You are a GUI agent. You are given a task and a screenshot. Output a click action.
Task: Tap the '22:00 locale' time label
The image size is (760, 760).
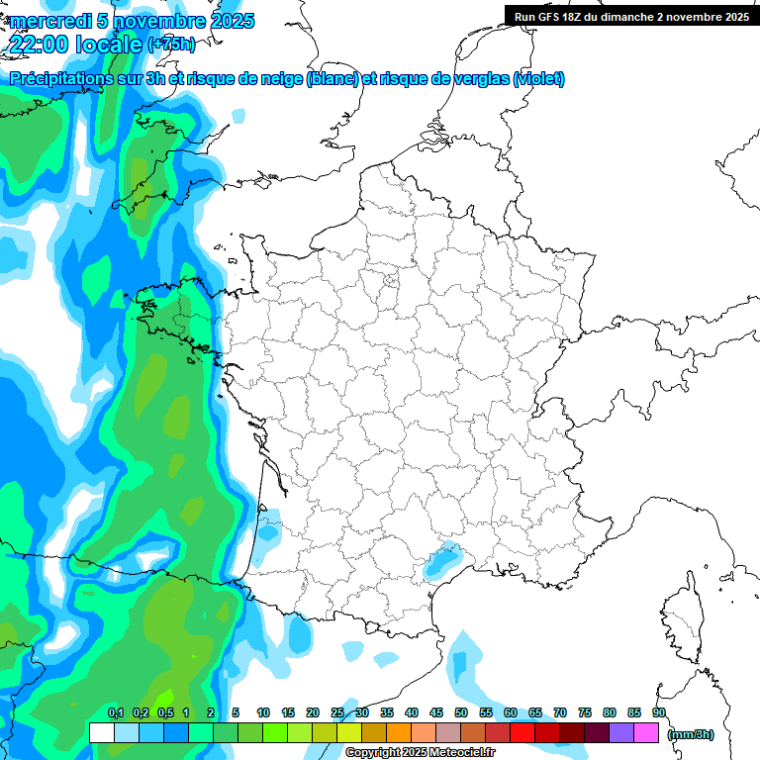[x=75, y=44]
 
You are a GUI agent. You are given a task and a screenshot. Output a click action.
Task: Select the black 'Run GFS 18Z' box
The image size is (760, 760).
[x=631, y=16]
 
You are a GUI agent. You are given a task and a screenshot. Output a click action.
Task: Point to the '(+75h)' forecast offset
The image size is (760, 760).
[x=171, y=45]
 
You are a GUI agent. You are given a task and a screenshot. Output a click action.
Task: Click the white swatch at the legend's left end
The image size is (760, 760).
[x=101, y=732]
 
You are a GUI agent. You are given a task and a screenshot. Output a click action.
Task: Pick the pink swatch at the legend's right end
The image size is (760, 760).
[x=646, y=732]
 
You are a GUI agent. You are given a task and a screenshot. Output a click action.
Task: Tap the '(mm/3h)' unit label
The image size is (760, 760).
[x=691, y=733]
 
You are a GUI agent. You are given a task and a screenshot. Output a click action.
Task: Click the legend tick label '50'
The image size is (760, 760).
[x=461, y=713]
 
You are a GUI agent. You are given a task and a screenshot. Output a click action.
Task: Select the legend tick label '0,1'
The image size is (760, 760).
[x=116, y=713]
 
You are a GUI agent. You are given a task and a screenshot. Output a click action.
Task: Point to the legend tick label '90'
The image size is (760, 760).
[x=658, y=713]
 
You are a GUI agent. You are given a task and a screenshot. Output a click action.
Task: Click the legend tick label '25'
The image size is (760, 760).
[x=337, y=713]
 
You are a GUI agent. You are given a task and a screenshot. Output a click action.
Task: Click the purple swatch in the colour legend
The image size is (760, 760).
[x=621, y=732]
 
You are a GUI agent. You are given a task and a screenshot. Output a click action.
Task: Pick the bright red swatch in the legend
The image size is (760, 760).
[x=522, y=732]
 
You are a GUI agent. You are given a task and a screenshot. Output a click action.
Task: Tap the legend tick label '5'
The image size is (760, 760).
[x=236, y=713]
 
